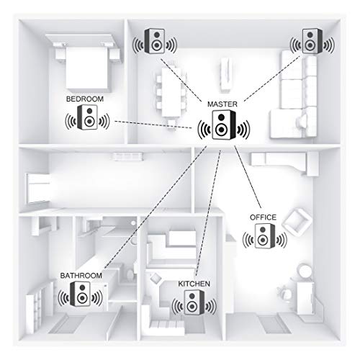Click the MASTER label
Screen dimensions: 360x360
point(222,104)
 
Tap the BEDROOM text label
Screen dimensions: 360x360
point(85,99)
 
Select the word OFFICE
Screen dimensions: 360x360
point(263,217)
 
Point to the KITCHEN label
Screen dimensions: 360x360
point(194,284)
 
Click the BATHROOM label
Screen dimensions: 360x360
point(81,276)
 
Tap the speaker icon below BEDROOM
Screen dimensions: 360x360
point(87,117)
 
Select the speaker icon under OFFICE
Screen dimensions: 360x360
point(265,236)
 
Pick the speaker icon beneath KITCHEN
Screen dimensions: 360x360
point(194,302)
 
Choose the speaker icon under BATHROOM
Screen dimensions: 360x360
point(80,294)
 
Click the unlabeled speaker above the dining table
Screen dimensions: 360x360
point(155,41)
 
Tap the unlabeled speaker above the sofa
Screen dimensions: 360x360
point(312,41)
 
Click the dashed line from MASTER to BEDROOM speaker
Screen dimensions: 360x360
point(153,125)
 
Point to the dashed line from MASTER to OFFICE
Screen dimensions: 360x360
point(248,176)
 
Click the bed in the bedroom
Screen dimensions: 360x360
point(87,65)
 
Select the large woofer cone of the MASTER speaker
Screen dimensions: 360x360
point(221,130)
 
